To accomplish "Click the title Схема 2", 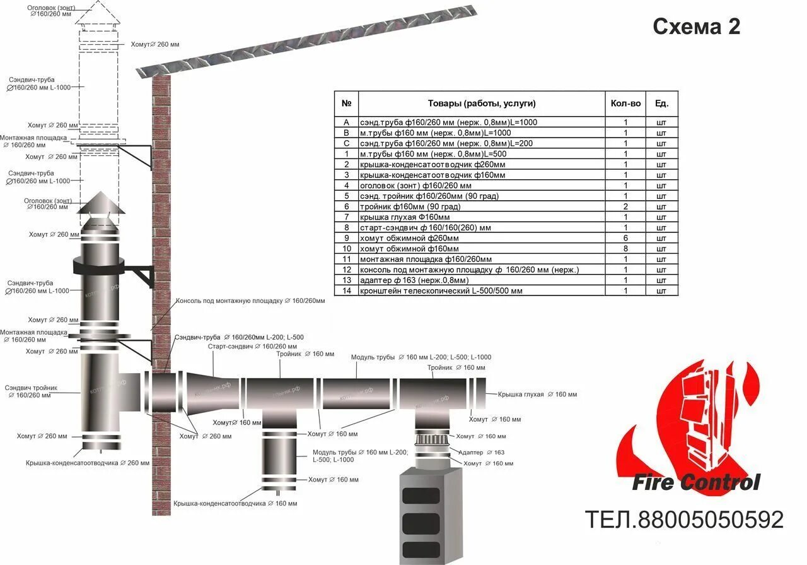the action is click(696, 27).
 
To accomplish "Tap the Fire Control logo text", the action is click(696, 483).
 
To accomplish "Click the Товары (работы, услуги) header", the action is click(482, 104).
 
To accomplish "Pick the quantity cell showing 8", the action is click(625, 249).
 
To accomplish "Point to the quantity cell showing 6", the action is click(625, 238).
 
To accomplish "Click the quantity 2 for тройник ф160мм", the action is click(625, 206).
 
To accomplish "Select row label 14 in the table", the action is click(346, 291).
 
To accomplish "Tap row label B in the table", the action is click(346, 133).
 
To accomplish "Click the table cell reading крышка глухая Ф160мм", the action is click(405, 217).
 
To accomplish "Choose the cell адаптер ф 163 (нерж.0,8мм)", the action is click(414, 280).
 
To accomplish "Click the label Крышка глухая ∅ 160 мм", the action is click(537, 395).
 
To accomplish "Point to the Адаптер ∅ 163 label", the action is click(482, 453).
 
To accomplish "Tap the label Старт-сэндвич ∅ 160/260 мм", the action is click(252, 347).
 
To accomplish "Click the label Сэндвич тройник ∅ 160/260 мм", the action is click(32, 391).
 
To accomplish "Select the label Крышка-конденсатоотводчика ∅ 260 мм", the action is click(88, 463).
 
